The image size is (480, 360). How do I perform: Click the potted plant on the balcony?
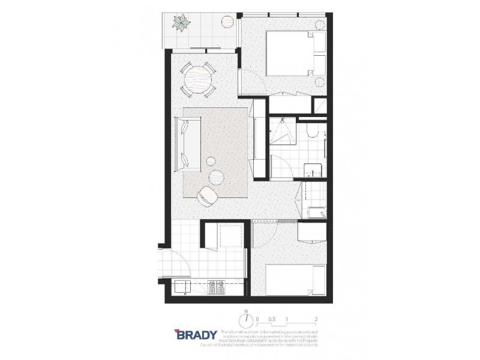click(179, 25)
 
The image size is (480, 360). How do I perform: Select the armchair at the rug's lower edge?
click(208, 194)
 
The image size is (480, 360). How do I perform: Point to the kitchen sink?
click(182, 287)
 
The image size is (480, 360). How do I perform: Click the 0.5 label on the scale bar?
click(271, 319)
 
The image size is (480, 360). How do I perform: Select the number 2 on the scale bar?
click(316, 319)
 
